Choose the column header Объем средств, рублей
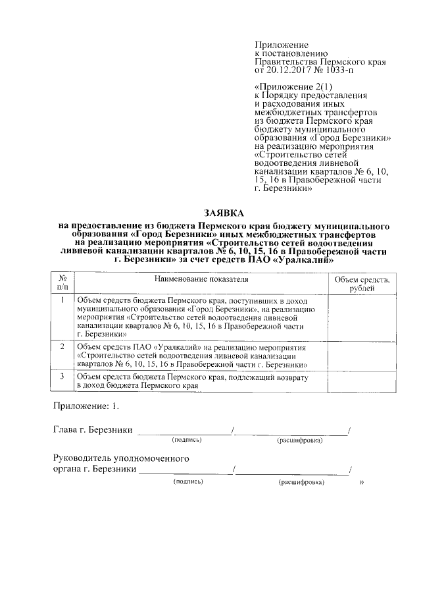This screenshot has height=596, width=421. point(360,284)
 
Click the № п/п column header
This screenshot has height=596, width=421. point(62,284)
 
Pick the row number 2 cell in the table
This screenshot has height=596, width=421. point(62,346)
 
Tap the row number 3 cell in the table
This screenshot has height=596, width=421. point(62,376)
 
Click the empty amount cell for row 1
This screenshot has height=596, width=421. point(360,317)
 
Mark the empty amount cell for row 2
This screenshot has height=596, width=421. point(360,355)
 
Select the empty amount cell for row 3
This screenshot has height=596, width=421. point(360,381)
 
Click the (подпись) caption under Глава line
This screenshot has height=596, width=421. point(187,439)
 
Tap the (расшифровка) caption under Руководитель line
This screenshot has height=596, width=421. point(301,483)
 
